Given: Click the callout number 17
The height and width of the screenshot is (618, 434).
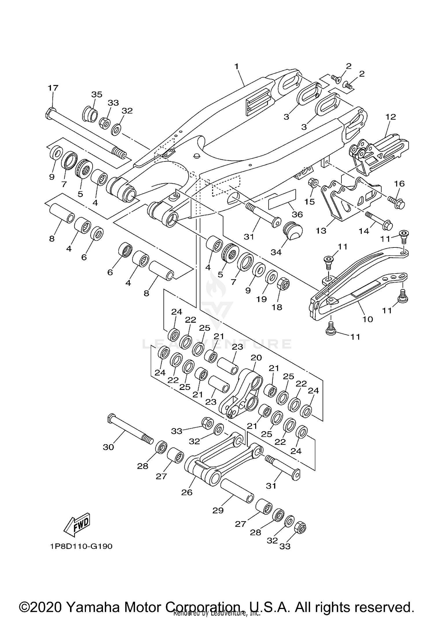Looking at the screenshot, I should point(53,88).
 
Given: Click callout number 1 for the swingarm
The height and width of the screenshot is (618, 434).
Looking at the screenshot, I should point(236,66).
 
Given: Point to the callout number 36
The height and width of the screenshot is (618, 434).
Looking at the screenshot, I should point(297,214).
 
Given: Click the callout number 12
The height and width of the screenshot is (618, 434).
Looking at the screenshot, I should point(390,117).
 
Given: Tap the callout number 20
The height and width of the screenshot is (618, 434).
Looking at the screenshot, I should point(256,357).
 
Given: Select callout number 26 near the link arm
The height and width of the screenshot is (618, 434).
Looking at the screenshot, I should point(187,492).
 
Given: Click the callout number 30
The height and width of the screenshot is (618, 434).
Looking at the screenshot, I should point(108,447).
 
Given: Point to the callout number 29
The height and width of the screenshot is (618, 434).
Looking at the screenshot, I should point(218,510).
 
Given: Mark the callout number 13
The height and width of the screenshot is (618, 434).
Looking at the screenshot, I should point(321,231).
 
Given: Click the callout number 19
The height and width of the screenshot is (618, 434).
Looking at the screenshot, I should point(262,299).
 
